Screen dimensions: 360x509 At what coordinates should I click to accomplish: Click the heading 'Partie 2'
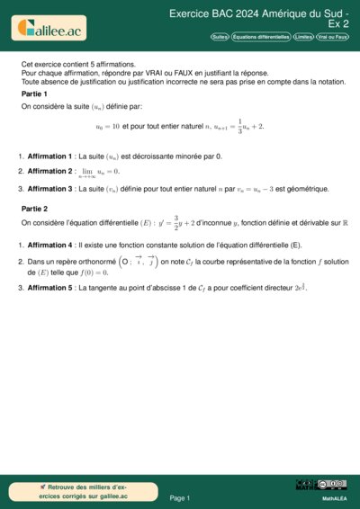[x=34, y=208]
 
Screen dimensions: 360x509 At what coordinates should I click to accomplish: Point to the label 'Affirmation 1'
[x=50, y=156]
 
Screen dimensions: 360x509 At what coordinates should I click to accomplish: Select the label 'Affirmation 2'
[x=50, y=171]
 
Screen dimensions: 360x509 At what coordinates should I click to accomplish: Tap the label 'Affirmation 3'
[x=50, y=189]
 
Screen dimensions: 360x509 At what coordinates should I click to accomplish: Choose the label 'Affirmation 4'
[x=50, y=245]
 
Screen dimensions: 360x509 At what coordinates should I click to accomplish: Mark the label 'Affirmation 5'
[x=50, y=288]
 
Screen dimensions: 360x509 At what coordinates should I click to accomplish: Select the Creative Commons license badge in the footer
[x=321, y=486]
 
